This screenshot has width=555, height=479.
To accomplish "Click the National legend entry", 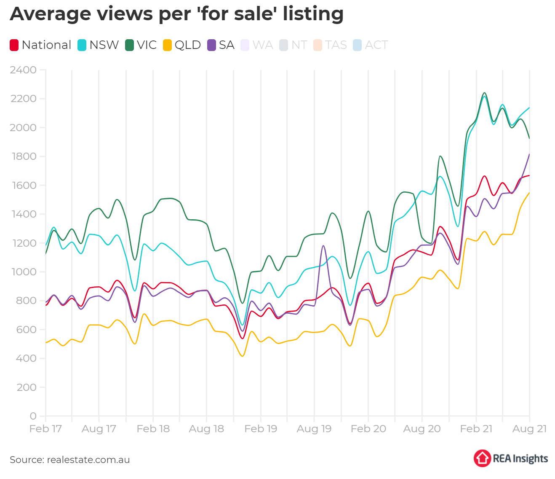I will (41, 45).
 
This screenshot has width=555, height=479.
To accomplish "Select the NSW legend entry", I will (99, 45).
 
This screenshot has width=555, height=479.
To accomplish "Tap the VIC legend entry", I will (141, 45).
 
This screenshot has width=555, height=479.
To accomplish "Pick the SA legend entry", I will (221, 45).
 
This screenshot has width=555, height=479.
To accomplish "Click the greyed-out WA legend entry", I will (257, 45).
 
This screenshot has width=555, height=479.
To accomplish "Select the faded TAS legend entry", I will (331, 45).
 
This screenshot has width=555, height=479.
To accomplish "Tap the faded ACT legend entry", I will (371, 45).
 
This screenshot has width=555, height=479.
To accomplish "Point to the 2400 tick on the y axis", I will (23, 70).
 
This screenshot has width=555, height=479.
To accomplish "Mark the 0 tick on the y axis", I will (33, 416).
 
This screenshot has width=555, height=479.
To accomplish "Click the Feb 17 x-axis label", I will (45, 429).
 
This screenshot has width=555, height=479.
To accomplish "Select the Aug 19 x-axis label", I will (314, 429).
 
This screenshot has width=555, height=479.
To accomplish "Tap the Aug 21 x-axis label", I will (529, 429).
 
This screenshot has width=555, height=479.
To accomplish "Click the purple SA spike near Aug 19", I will (323, 246).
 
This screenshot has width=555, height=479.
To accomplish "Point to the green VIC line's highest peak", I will (484, 93).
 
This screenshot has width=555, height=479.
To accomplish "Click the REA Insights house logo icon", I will (482, 458).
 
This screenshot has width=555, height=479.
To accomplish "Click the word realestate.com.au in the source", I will (88, 460).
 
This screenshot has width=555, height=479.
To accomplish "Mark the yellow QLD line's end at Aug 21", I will (529, 193).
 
